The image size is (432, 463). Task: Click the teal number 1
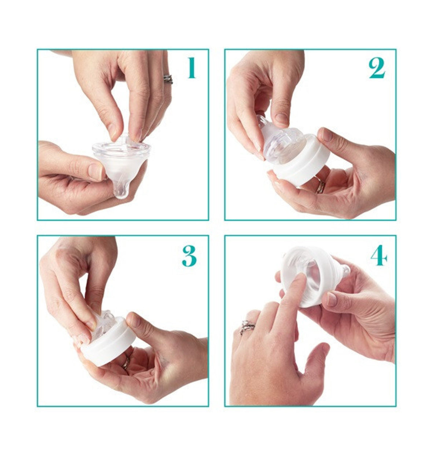[x=191, y=68]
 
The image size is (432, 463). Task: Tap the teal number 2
[x=377, y=68]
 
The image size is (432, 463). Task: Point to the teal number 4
[x=379, y=255]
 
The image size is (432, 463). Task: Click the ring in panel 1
[x=168, y=79]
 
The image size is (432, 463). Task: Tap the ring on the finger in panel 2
[x=320, y=186]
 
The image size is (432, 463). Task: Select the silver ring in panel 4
[x=247, y=326]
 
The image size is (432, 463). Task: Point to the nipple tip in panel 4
[x=344, y=269]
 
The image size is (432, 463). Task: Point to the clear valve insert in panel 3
[x=103, y=323]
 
